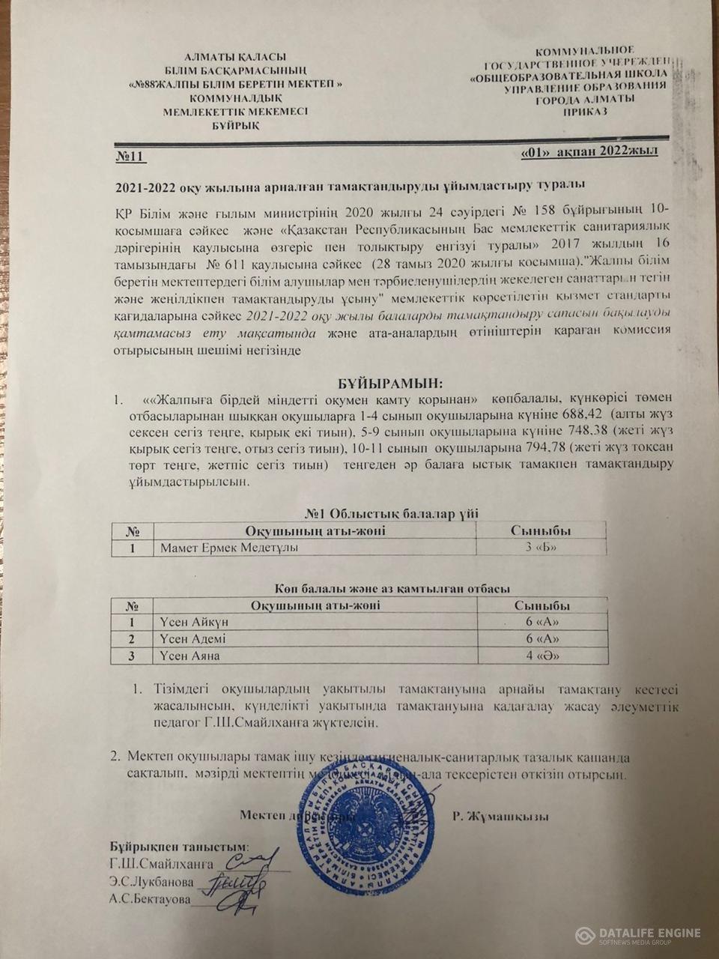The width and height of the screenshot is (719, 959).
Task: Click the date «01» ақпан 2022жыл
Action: point(589,152)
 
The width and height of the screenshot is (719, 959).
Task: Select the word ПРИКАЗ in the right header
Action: point(584,111)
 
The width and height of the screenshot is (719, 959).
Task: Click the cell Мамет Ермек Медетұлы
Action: point(228,548)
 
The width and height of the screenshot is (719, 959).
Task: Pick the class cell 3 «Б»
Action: point(541,548)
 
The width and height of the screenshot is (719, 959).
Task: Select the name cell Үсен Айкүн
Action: point(195,622)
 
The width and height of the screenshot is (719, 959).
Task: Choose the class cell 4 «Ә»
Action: point(542,656)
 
